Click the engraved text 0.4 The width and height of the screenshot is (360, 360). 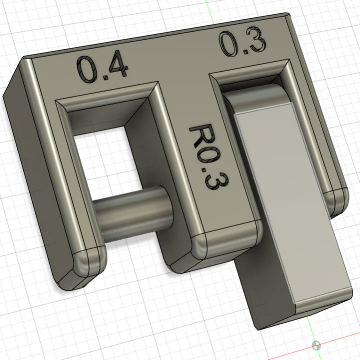[102, 68]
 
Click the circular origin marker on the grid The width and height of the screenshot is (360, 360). [316, 345]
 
